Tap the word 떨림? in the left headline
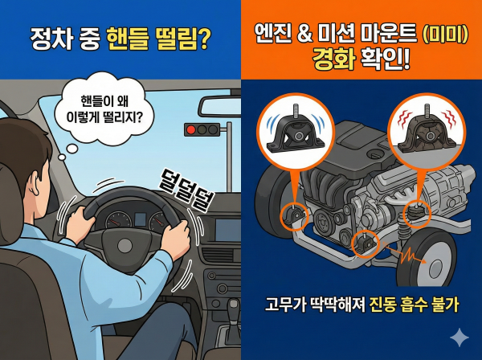pyautogui.click(x=182, y=39)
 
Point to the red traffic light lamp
pyautogui.click(x=190, y=129)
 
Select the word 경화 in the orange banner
pyautogui.click(x=332, y=62)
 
